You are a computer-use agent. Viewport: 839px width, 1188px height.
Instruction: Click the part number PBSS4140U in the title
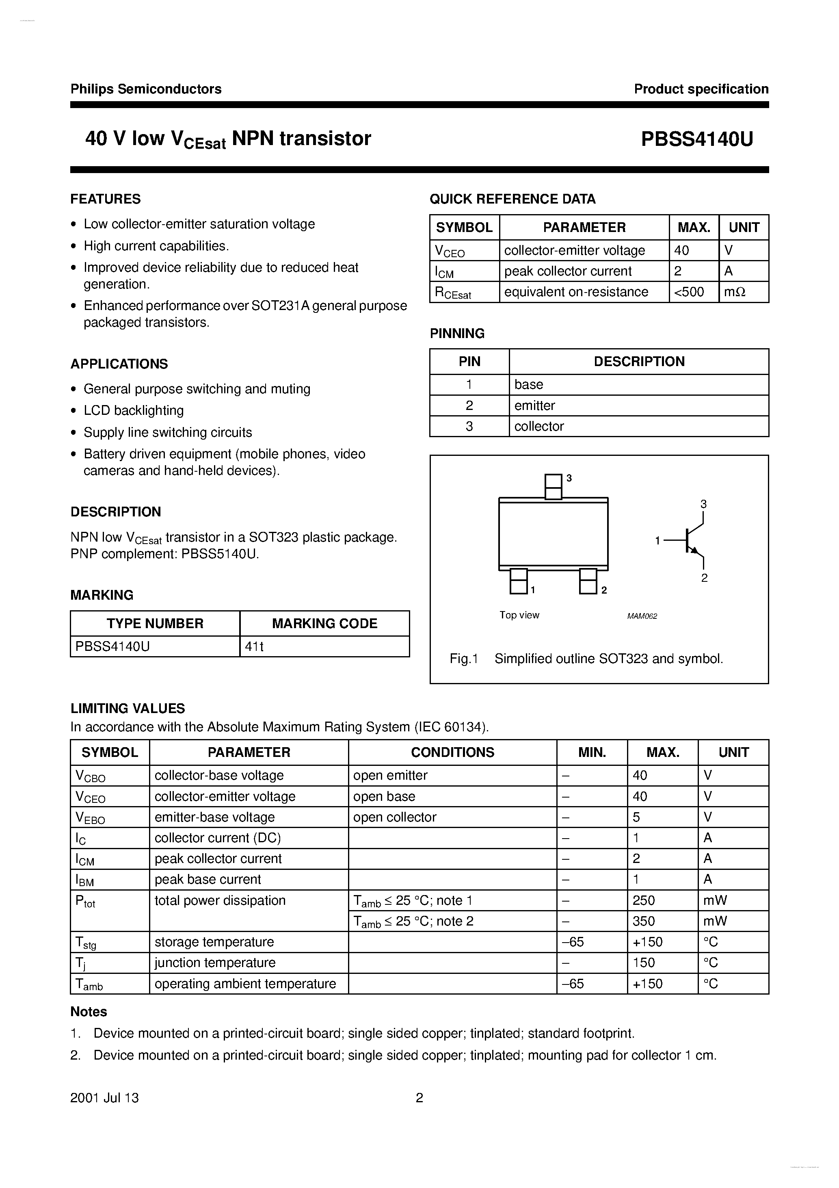[697, 139]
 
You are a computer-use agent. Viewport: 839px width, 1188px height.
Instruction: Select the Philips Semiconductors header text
[146, 89]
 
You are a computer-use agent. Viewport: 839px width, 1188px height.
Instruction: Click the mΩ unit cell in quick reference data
[735, 292]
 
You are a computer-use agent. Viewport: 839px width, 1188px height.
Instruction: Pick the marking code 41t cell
[255, 646]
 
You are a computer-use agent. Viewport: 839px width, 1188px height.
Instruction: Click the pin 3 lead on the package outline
[553, 486]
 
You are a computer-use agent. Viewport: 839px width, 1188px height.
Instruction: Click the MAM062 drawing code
[642, 616]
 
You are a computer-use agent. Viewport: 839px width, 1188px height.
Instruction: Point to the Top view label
[519, 615]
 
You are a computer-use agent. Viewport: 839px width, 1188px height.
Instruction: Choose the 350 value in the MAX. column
[644, 921]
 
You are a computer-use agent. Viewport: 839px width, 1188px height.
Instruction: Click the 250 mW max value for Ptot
[644, 900]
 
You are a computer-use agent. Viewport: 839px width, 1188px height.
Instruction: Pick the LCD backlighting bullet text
[134, 410]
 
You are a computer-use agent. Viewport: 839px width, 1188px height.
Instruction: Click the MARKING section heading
[102, 595]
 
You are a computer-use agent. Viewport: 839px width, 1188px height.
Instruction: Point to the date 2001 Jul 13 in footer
[104, 1098]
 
